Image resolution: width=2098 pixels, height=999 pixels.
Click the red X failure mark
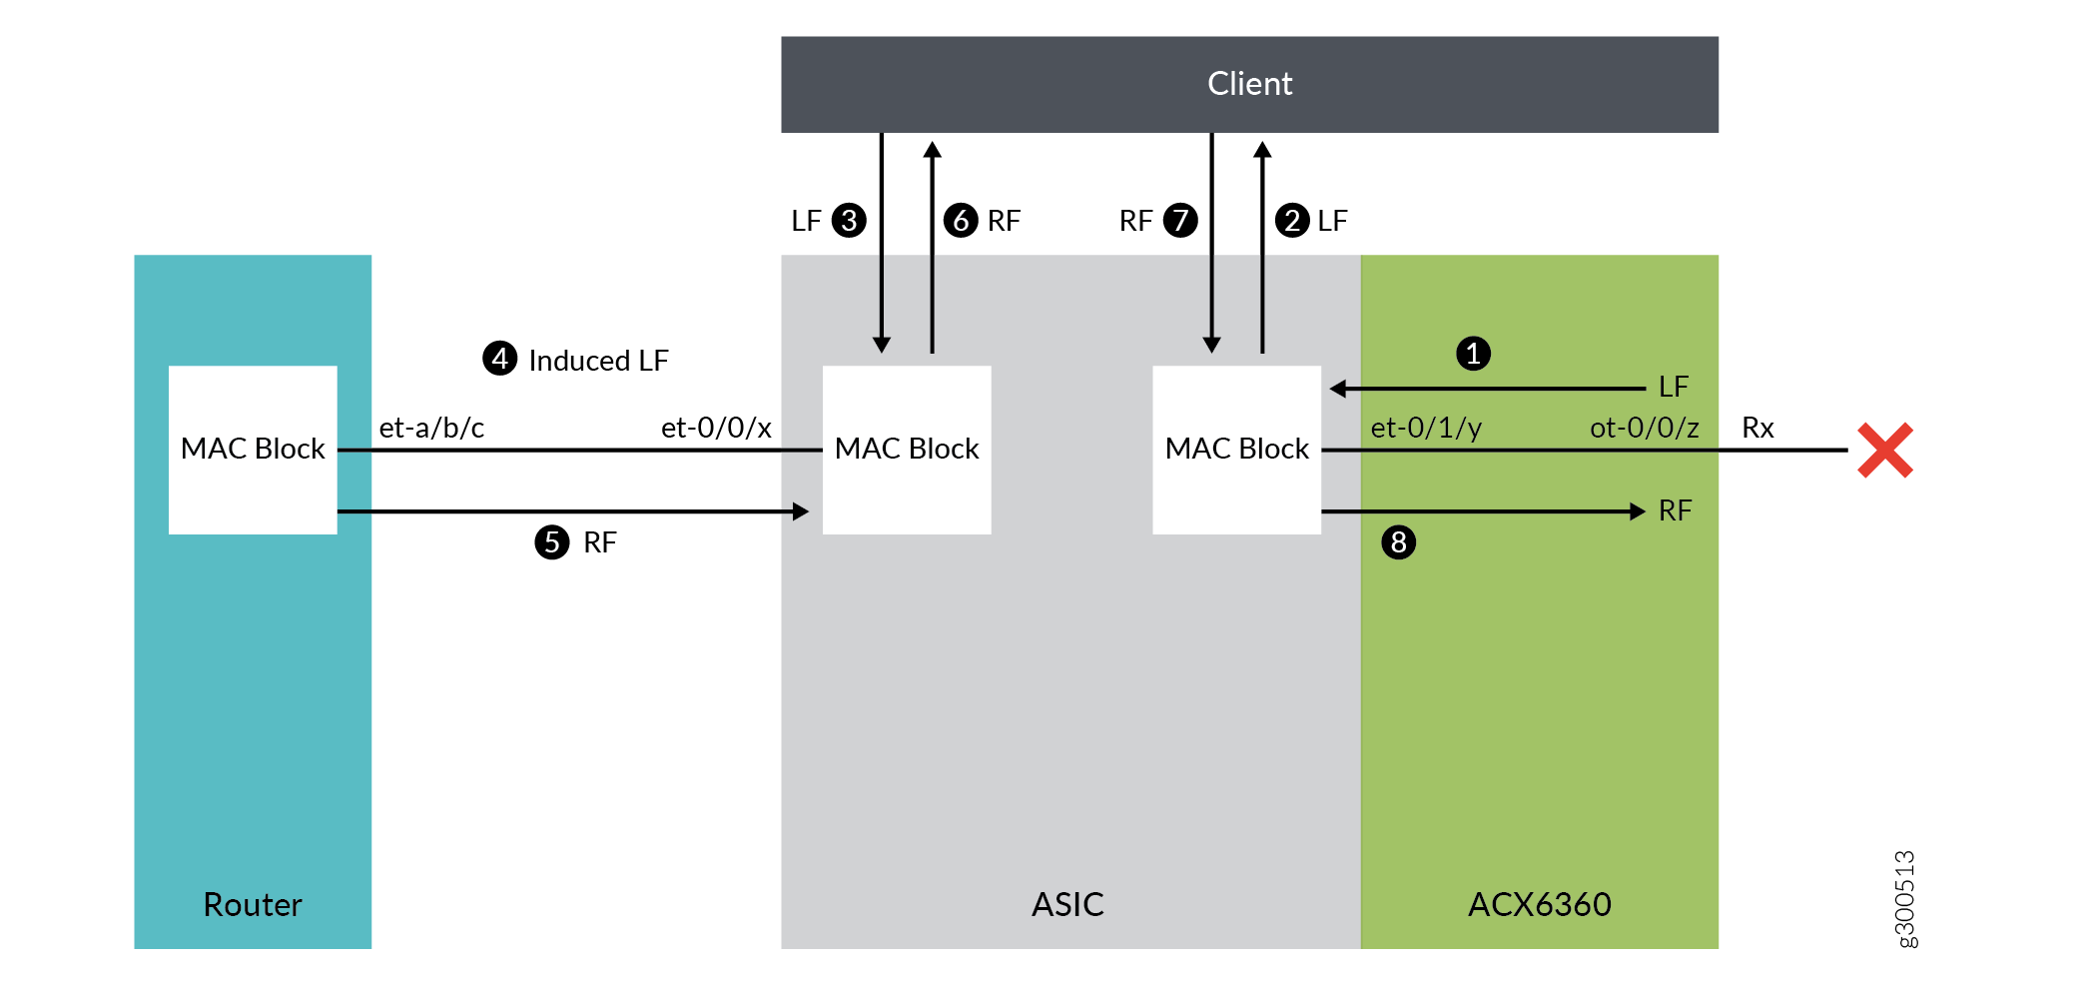pyautogui.click(x=1884, y=450)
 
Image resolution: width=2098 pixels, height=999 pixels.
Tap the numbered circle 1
pyautogui.click(x=1473, y=354)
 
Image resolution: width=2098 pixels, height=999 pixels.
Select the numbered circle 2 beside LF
pyautogui.click(x=1292, y=220)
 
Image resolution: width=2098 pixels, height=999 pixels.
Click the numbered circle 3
pyautogui.click(x=849, y=220)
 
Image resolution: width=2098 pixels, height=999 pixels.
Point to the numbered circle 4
pyautogui.click(x=499, y=359)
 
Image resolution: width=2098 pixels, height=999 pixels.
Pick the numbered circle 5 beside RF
pyautogui.click(x=551, y=542)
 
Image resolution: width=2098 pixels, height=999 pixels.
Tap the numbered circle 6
pyautogui.click(x=961, y=220)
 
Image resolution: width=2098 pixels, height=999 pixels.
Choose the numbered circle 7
pyautogui.click(x=1180, y=220)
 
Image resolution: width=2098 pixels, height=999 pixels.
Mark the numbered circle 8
pyautogui.click(x=1398, y=542)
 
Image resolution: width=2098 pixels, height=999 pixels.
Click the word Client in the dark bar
pyautogui.click(x=1249, y=84)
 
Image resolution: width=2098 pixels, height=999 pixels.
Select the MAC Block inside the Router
pyautogui.click(x=253, y=450)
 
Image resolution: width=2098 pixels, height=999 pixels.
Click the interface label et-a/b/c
pyautogui.click(x=431, y=428)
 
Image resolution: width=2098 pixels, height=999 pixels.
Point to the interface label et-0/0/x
pyautogui.click(x=716, y=428)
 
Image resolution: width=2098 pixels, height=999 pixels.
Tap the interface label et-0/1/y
pyautogui.click(x=1426, y=428)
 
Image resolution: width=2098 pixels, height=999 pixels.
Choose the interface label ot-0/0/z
pyautogui.click(x=1644, y=428)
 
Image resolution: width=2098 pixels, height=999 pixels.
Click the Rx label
pyautogui.click(x=1757, y=428)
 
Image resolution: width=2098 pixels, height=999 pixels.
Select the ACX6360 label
pyautogui.click(x=1539, y=904)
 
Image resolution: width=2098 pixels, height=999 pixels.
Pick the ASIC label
pyautogui.click(x=1067, y=904)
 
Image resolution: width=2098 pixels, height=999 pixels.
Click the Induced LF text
pyautogui.click(x=598, y=361)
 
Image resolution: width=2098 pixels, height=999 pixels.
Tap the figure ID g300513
pyautogui.click(x=1905, y=898)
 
